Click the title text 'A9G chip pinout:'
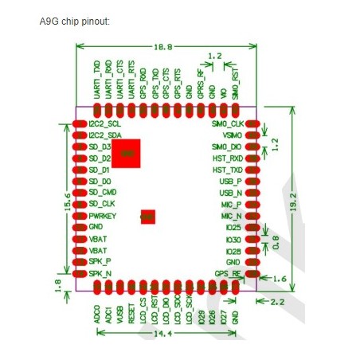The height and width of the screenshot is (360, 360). click(x=74, y=19)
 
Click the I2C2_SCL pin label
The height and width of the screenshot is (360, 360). click(x=106, y=125)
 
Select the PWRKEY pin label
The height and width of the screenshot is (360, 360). click(x=104, y=216)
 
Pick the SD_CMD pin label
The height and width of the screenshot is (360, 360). click(x=104, y=193)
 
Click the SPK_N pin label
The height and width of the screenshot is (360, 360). click(x=100, y=273)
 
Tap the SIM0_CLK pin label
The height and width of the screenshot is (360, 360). click(x=227, y=125)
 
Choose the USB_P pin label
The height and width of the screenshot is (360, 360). click(x=230, y=182)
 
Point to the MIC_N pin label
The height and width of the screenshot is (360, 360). click(x=231, y=216)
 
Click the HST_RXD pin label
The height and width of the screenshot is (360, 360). click(x=228, y=158)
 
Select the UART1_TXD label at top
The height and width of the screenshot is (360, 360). click(x=97, y=82)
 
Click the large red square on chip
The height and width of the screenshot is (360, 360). click(x=126, y=153)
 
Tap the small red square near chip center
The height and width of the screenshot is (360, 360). click(x=147, y=216)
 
